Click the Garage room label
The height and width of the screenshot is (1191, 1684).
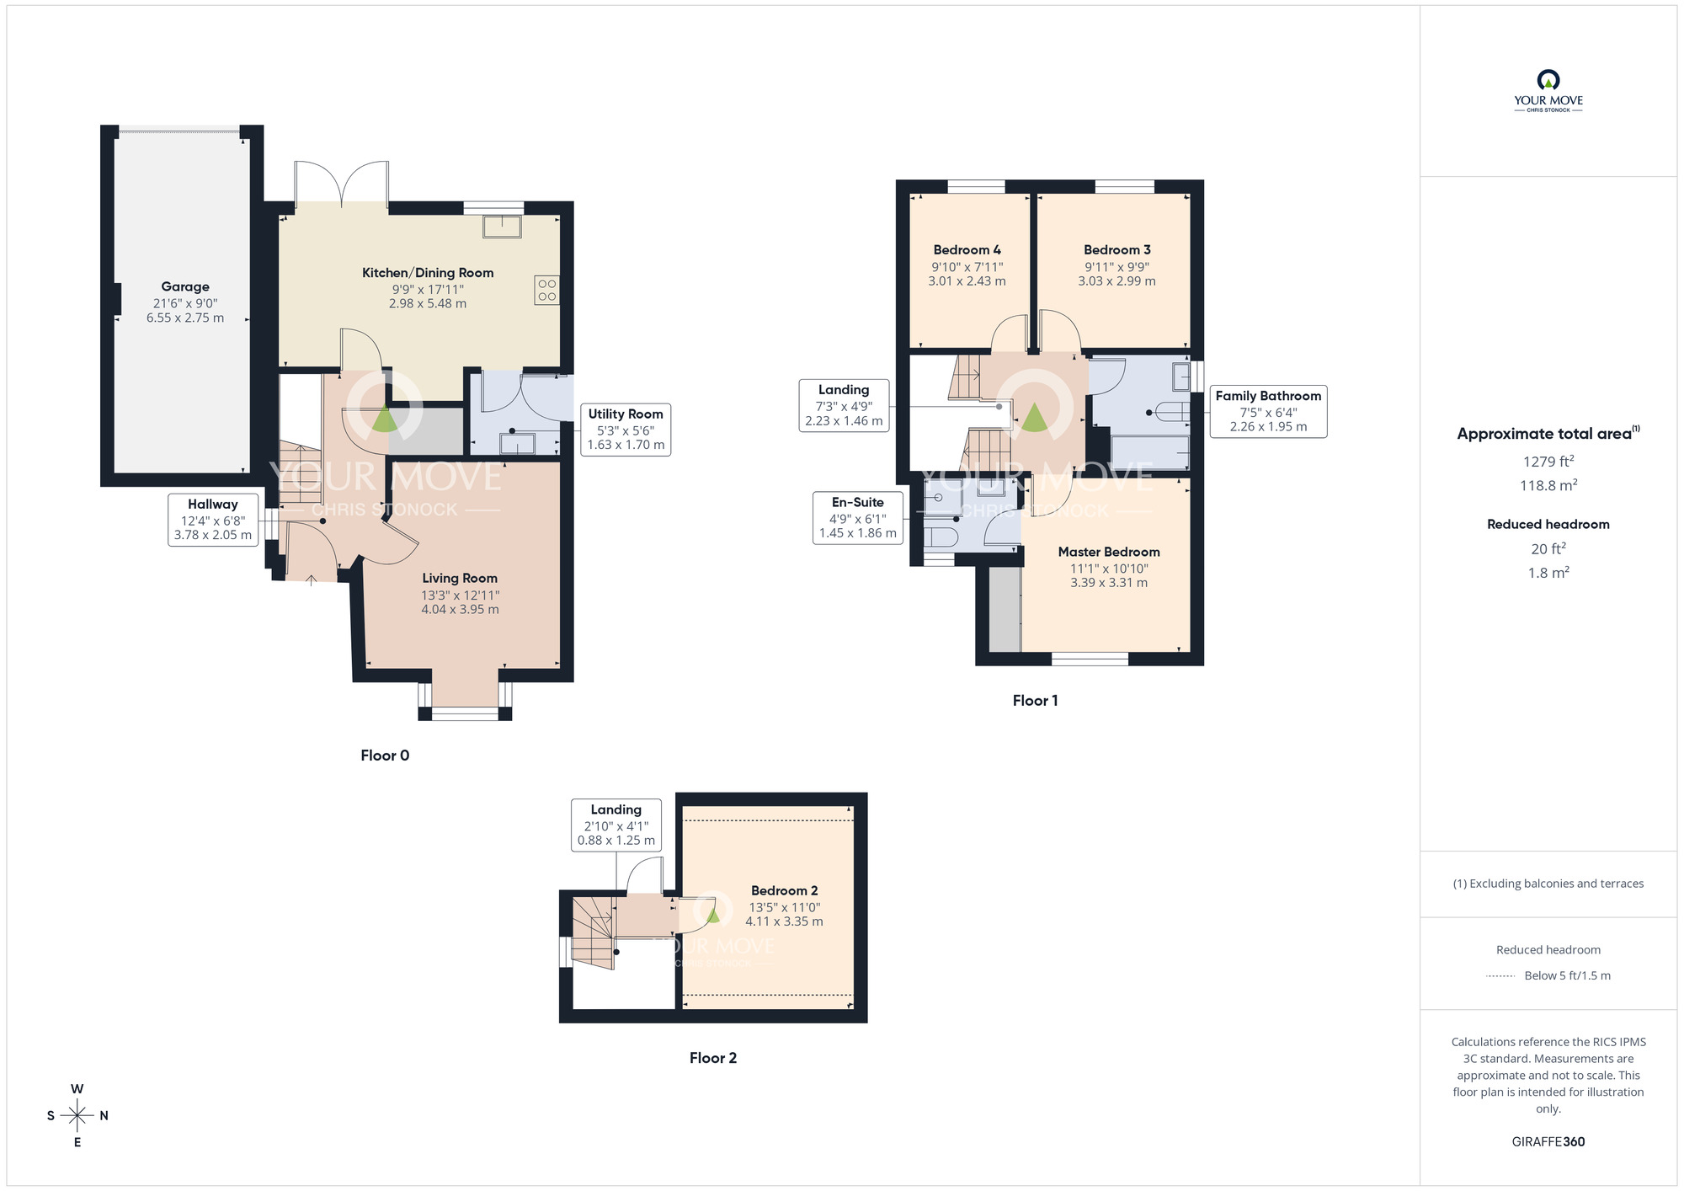coord(185,287)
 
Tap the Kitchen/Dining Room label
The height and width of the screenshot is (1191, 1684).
coord(428,273)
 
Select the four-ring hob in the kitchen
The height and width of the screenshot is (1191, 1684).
coord(547,291)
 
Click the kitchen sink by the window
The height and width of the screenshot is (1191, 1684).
coord(502,227)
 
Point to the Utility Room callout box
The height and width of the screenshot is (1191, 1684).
coord(626,430)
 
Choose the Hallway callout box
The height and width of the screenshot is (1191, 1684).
coord(213,520)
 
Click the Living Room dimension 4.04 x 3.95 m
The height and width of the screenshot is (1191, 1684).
coord(461,609)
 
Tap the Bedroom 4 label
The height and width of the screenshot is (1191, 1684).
coord(967,250)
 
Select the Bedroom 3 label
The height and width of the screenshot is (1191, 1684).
coord(1117,250)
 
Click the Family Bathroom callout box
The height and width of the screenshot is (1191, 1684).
coord(1268,412)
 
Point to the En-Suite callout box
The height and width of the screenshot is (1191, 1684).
coord(858,518)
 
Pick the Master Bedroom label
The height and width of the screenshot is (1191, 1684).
coord(1109,552)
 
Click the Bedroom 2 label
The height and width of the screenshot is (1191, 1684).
coord(785,891)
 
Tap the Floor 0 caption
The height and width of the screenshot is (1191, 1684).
coord(385,756)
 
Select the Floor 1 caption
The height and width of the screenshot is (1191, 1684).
coord(1035,701)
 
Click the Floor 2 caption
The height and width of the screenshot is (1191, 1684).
coord(713,1058)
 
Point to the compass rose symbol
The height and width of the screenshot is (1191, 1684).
coord(77,1116)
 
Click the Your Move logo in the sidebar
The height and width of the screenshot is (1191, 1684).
coord(1548,91)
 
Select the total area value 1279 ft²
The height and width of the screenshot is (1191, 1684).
coord(1548,462)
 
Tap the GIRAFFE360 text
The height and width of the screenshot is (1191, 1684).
coord(1548,1142)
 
